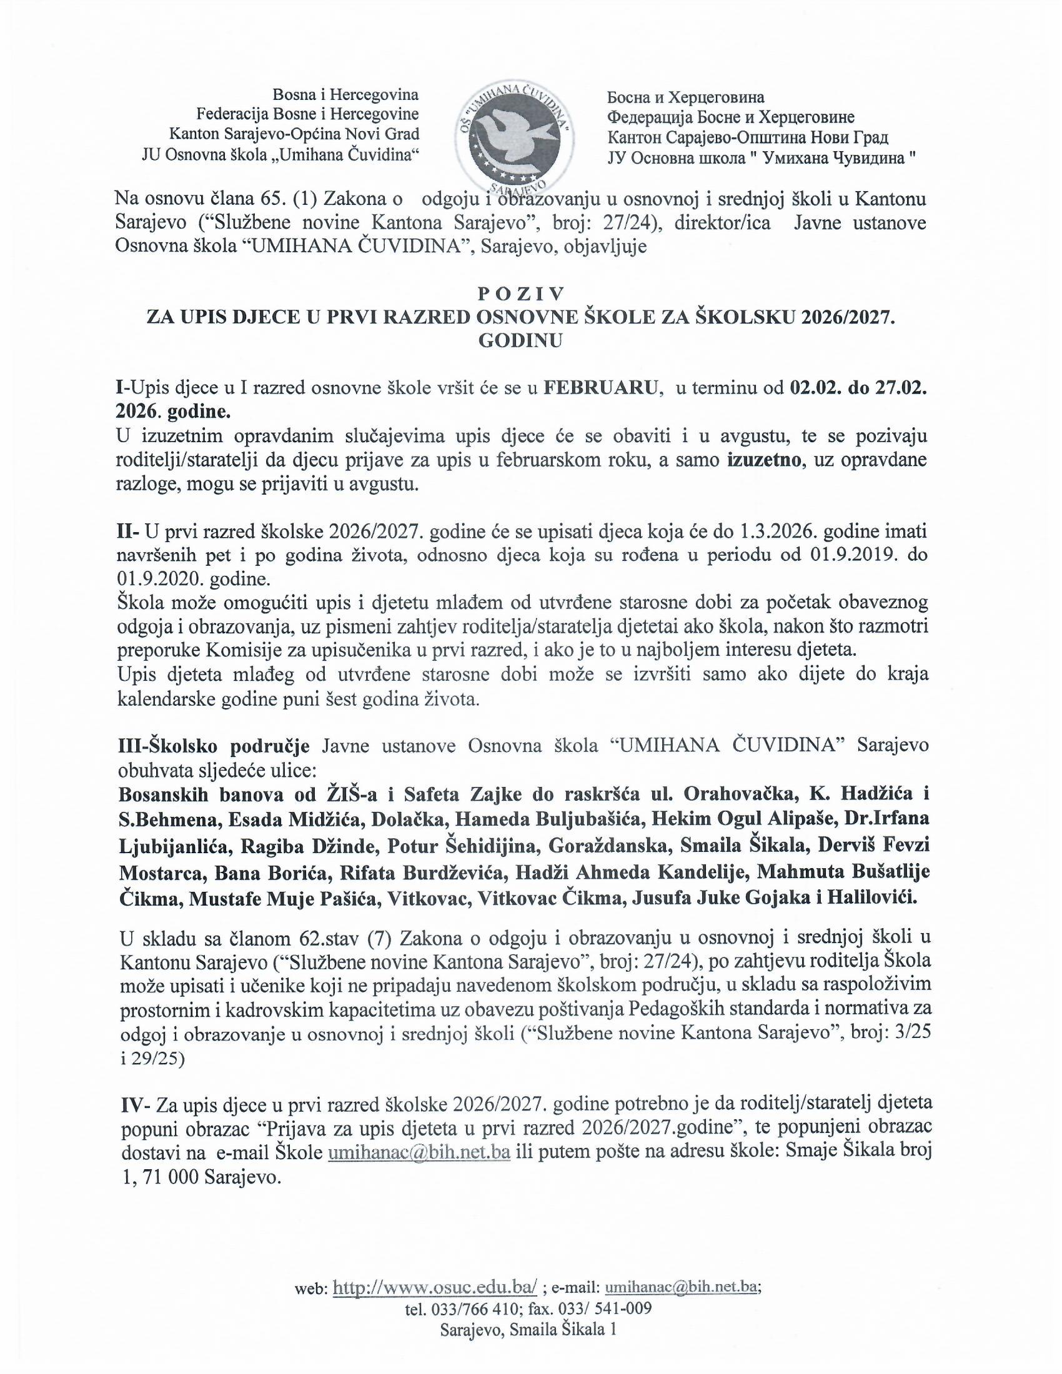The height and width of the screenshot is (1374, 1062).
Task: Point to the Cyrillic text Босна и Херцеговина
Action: click(x=685, y=97)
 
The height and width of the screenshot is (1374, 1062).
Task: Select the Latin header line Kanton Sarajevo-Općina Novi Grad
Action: click(x=294, y=135)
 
